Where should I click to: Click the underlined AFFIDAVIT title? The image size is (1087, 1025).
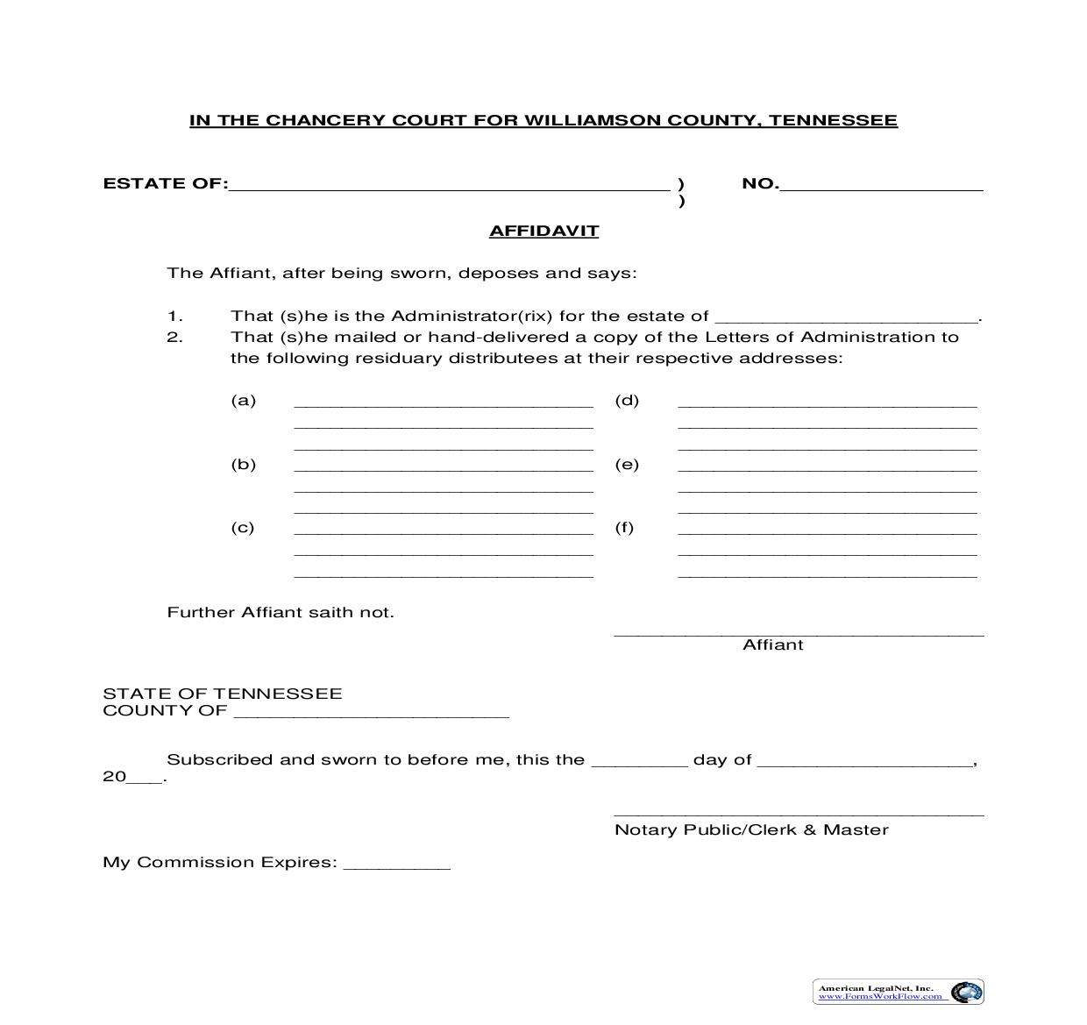click(x=543, y=231)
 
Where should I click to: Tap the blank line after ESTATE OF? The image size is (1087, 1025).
click(x=449, y=185)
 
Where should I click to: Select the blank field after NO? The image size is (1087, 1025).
click(x=881, y=185)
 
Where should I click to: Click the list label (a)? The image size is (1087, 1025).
click(x=244, y=401)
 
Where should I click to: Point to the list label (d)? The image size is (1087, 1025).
click(x=627, y=401)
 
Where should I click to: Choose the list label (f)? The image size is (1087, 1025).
click(x=624, y=528)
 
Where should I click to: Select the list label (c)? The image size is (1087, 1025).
click(x=243, y=528)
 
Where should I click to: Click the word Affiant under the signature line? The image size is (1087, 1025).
click(x=772, y=645)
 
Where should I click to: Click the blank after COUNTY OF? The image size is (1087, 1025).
click(x=371, y=712)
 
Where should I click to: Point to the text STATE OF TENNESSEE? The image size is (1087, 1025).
click(x=223, y=694)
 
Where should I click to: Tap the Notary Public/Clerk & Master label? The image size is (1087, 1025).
click(x=751, y=830)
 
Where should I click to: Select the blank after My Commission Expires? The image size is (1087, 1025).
click(x=397, y=864)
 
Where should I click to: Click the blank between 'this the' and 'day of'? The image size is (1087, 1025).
click(x=639, y=761)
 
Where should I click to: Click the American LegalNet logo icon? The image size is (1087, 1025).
click(x=966, y=992)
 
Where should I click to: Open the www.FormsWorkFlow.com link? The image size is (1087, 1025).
click(x=880, y=997)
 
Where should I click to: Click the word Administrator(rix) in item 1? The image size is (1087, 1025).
click(x=472, y=317)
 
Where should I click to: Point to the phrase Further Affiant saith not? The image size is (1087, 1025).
click(x=281, y=613)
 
